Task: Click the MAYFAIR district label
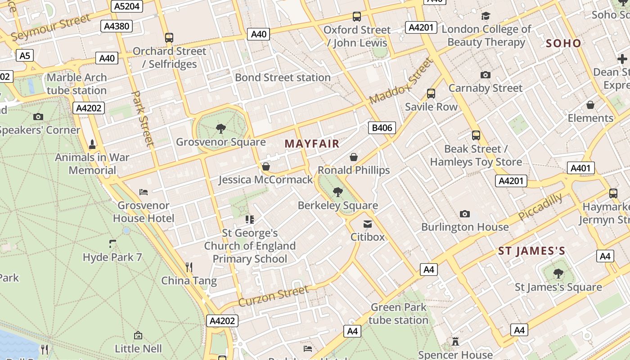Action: [312, 144]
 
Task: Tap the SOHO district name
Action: [563, 44]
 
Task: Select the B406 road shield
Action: [382, 128]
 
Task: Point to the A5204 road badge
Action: [127, 6]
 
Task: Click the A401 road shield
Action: [580, 168]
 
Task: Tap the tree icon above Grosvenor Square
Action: [220, 129]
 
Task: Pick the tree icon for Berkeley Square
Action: [337, 193]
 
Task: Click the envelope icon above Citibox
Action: [368, 224]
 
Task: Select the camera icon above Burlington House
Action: [465, 214]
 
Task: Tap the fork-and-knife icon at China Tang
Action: [189, 267]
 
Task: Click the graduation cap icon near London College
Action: [486, 16]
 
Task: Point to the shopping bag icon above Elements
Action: [590, 105]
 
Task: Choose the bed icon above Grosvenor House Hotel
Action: [144, 192]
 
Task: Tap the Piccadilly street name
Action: [540, 207]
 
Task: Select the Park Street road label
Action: [143, 118]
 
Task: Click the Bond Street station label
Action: [283, 77]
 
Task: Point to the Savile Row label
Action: [431, 107]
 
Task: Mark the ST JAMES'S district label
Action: [531, 251]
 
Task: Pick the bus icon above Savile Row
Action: [431, 94]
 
